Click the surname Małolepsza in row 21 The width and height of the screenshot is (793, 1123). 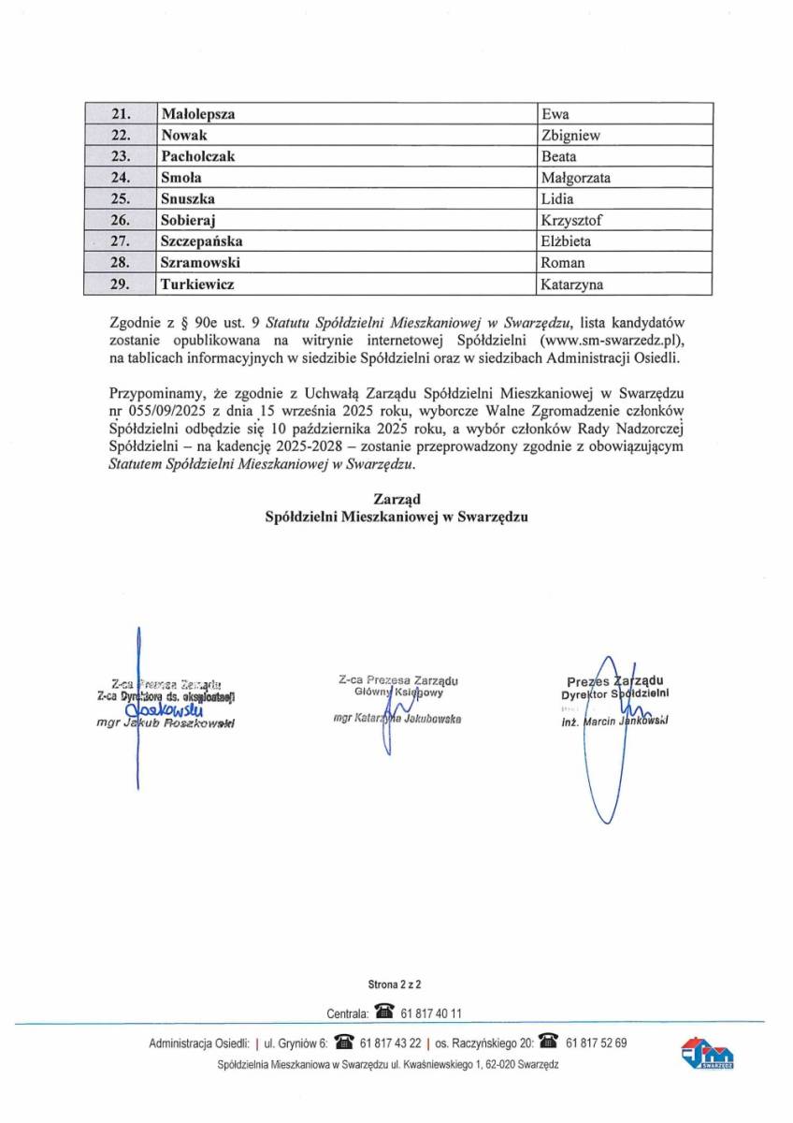[197, 114]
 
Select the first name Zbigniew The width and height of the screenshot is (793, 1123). [570, 136]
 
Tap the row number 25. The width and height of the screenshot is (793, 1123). [120, 198]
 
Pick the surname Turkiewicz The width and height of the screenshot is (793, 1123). [197, 283]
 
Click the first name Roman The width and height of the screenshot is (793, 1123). [563, 262]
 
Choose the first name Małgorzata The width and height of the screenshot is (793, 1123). [575, 178]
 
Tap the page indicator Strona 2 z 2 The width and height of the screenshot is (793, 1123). [396, 984]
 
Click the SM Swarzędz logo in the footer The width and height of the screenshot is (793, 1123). [707, 1053]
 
